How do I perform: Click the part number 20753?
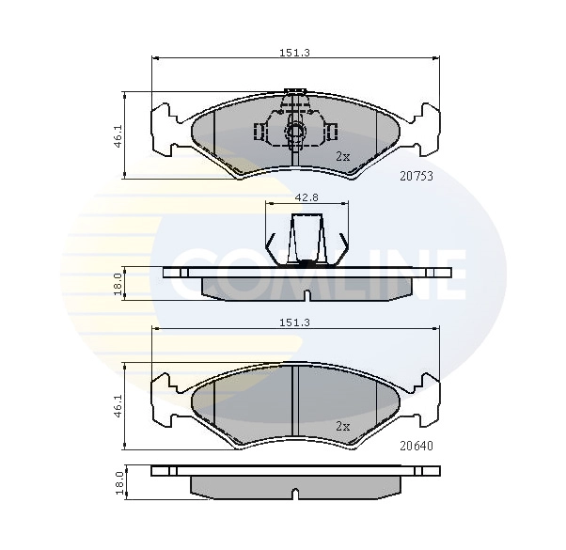417,176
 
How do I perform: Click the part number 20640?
417,446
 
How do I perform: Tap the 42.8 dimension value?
307,197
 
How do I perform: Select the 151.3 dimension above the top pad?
295,53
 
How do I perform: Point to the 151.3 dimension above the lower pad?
295,322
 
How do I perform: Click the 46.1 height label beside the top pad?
118,136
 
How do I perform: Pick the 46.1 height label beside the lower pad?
118,406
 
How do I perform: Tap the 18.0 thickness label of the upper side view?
118,284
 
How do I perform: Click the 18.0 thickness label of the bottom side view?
120,482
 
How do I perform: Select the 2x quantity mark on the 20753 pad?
343,157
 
